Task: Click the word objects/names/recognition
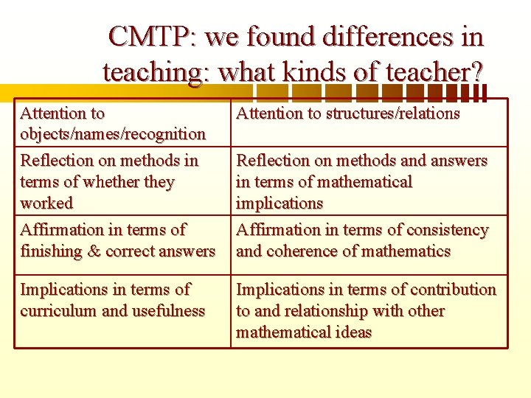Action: click(113, 134)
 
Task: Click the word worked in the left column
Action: click(46, 203)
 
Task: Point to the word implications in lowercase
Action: click(280, 203)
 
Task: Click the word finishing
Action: click(51, 251)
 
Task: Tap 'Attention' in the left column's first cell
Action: click(52, 114)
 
